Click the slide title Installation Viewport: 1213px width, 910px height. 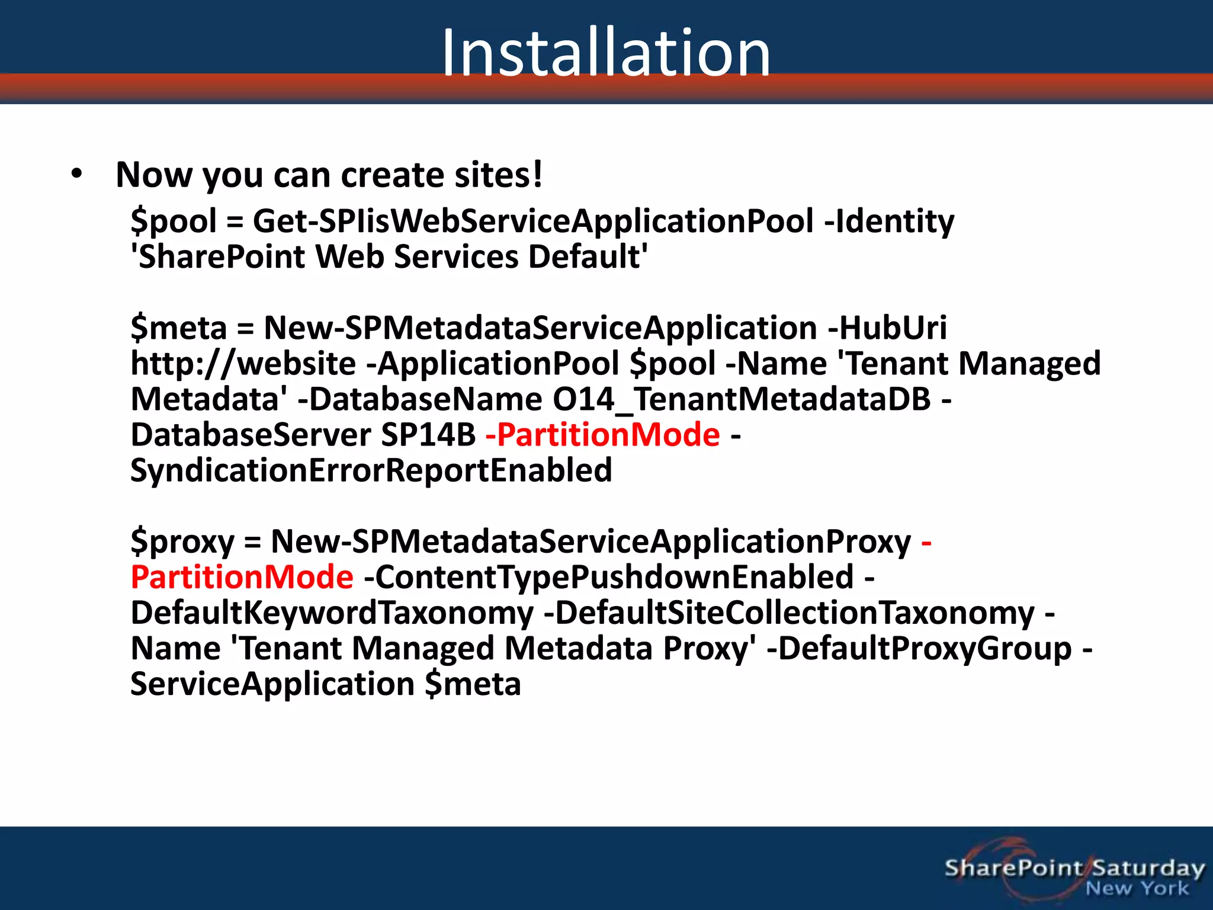[606, 53]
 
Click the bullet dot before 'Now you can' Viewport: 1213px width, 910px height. [76, 174]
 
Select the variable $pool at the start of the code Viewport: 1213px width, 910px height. [174, 222]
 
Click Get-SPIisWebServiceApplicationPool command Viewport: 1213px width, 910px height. [533, 222]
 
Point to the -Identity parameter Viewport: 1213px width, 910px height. [889, 222]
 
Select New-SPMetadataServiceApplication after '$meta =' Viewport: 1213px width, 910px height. [540, 328]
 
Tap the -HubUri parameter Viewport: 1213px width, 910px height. [887, 328]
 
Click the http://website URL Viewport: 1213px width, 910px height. [243, 364]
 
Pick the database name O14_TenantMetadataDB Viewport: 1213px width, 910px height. [742, 399]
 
